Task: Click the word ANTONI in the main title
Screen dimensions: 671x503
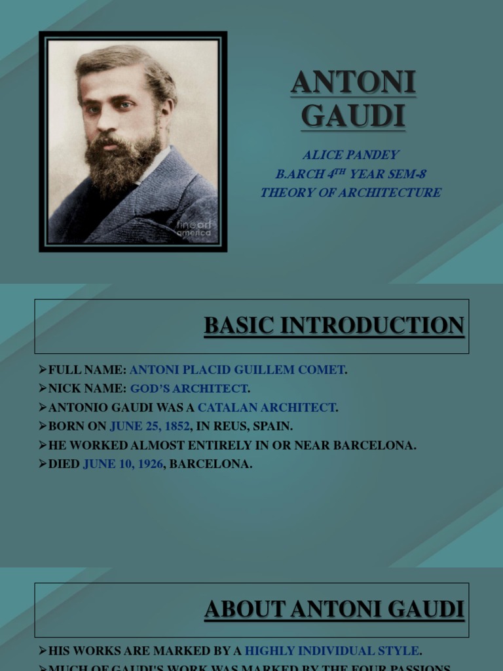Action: pos(353,83)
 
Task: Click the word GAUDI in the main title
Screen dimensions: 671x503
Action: pos(353,116)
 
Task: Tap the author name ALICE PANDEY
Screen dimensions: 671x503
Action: pos(350,155)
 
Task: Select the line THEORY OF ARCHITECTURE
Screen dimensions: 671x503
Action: pos(350,193)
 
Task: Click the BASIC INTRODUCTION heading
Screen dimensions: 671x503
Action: pos(334,326)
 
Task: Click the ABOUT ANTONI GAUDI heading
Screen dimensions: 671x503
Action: pos(334,609)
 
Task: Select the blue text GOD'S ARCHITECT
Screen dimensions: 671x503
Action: pos(189,389)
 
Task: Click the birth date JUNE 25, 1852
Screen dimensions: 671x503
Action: pos(150,427)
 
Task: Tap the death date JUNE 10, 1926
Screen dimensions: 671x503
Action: pos(123,465)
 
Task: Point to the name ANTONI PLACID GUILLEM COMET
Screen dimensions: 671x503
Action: pos(237,370)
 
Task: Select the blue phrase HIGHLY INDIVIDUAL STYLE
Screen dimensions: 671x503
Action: pos(331,651)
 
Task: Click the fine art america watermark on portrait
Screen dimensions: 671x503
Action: pos(193,229)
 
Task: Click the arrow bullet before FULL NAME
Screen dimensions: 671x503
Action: pos(43,370)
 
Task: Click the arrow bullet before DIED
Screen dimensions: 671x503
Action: pos(43,465)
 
